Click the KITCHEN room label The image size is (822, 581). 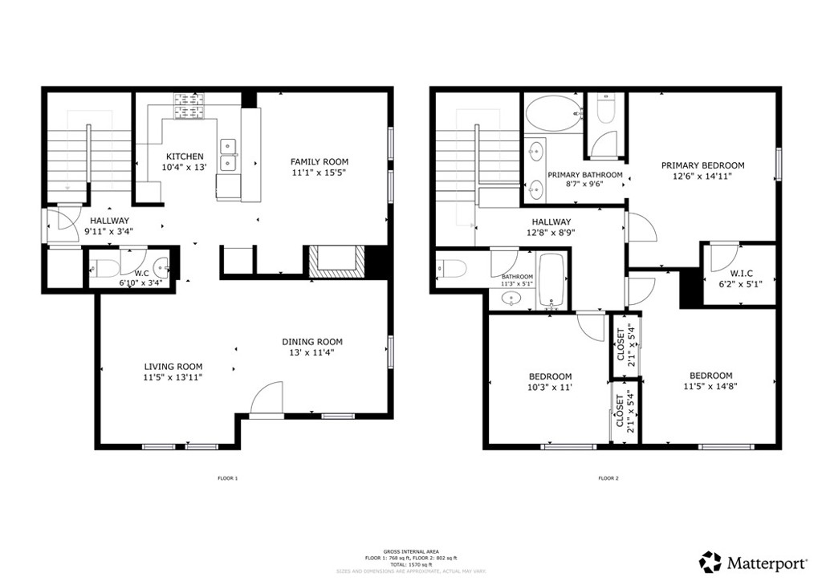click(x=185, y=156)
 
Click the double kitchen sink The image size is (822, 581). click(x=228, y=154)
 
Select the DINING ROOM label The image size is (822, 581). click(x=315, y=342)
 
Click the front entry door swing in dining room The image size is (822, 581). click(x=268, y=400)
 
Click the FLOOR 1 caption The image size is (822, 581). click(x=228, y=478)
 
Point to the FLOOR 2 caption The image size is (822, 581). click(x=608, y=478)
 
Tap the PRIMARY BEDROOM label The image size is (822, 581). click(x=702, y=165)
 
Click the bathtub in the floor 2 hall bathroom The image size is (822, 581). click(x=551, y=280)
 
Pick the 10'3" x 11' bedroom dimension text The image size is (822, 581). click(x=550, y=387)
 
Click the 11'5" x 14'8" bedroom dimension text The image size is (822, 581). click(x=710, y=386)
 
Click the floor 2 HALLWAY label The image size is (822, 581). click(x=551, y=222)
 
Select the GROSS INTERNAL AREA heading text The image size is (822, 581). click(x=410, y=552)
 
